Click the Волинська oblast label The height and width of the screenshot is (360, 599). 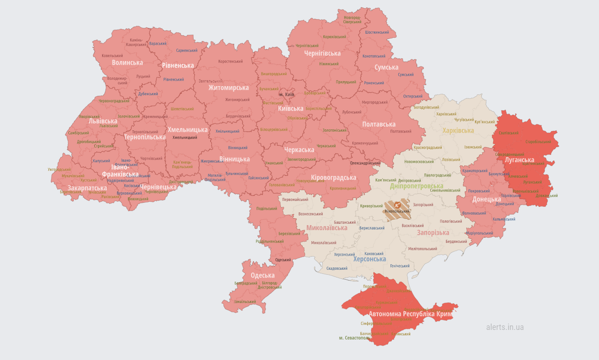click(127, 62)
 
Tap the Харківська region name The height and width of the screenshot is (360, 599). click(458, 130)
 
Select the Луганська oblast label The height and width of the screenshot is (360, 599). click(519, 160)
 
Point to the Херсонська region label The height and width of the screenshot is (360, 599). click(370, 259)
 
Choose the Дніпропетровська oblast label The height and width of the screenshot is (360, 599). click(416, 186)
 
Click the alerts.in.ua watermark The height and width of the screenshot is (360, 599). click(505, 327)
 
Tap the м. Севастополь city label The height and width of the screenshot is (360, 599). click(354, 338)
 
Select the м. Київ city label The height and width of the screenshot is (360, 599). click(287, 94)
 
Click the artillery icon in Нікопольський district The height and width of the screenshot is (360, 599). click(397, 205)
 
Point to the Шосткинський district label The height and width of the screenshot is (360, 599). click(377, 32)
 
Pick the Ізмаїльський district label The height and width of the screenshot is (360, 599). click(245, 302)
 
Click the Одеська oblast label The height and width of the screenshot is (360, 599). click(263, 275)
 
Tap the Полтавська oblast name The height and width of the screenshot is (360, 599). click(378, 124)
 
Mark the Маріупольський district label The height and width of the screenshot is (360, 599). click(480, 233)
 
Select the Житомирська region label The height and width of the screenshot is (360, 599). click(228, 87)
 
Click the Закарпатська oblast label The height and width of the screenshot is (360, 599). click(87, 188)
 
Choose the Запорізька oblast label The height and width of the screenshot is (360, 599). click(433, 232)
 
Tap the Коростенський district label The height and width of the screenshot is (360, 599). click(230, 61)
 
